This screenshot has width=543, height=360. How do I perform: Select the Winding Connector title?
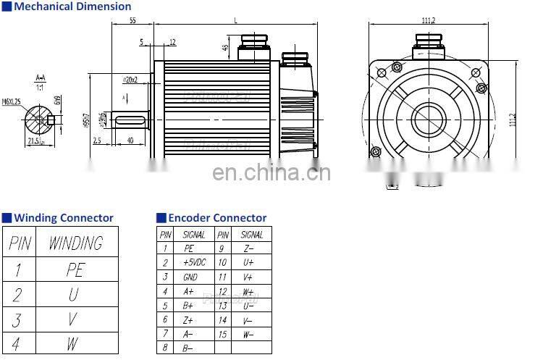(64, 217)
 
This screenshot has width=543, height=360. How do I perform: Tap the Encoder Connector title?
(216, 217)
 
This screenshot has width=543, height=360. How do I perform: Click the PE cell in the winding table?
(75, 269)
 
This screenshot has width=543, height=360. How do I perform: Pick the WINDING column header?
(75, 243)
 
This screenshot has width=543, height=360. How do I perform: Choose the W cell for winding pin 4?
(72, 343)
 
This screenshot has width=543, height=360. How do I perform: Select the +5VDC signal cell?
(194, 262)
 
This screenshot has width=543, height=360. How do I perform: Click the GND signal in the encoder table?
(190, 277)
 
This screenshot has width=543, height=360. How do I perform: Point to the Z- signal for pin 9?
(248, 248)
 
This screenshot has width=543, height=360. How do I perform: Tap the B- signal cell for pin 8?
(188, 348)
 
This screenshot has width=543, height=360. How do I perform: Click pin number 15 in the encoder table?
(223, 334)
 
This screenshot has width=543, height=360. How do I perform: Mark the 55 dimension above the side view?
(132, 20)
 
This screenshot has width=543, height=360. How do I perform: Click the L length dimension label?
(235, 20)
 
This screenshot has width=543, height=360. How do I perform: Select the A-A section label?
(41, 77)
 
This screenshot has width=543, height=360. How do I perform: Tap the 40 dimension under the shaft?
(130, 140)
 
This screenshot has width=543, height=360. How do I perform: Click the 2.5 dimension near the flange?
(96, 141)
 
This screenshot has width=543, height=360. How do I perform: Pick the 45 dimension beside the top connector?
(225, 49)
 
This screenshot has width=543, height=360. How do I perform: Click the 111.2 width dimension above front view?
(428, 20)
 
